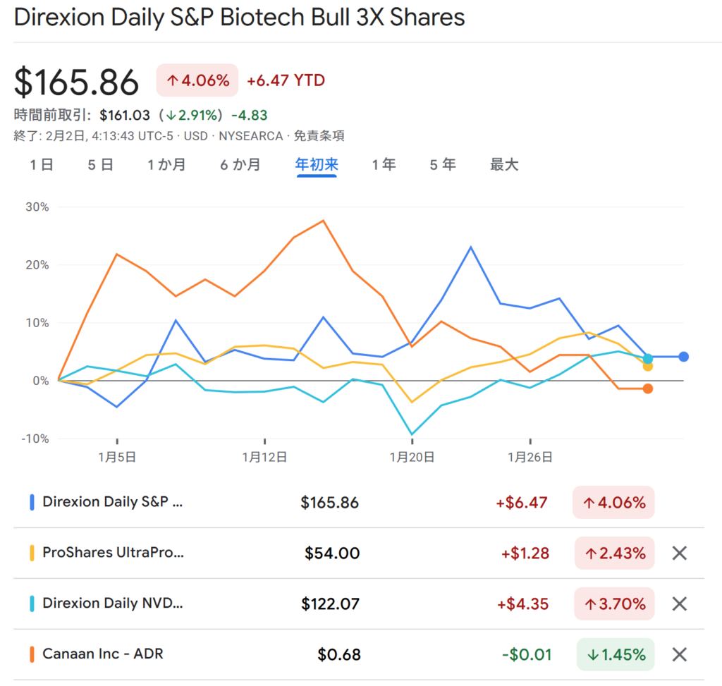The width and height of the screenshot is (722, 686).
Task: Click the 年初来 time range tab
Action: click(x=317, y=165)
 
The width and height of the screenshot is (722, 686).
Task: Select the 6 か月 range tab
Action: click(x=240, y=165)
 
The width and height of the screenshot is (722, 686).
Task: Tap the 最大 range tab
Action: click(x=504, y=165)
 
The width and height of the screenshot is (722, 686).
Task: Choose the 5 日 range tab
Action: click(x=101, y=165)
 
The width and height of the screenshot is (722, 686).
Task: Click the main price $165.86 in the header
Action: click(x=77, y=82)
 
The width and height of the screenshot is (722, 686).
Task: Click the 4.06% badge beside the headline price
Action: click(x=197, y=81)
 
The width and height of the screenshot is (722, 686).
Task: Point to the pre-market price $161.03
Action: click(x=125, y=115)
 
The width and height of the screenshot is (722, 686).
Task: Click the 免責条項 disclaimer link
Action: click(x=319, y=136)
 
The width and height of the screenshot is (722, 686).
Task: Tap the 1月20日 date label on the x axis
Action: click(x=412, y=457)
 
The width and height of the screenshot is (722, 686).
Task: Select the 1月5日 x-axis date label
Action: click(x=117, y=457)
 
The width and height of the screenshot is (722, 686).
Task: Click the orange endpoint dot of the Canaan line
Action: click(x=648, y=388)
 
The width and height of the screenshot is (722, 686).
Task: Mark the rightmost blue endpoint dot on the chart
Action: click(x=683, y=357)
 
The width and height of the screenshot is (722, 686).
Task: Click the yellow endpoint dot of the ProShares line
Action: click(x=648, y=366)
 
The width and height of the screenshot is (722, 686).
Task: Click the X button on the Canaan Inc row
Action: click(x=679, y=654)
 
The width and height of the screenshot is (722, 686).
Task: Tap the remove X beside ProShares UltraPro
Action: click(x=679, y=553)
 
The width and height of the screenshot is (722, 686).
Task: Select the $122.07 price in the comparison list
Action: click(x=330, y=604)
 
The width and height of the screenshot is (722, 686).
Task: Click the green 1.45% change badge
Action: click(x=615, y=654)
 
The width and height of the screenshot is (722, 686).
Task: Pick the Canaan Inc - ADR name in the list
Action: click(x=103, y=654)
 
